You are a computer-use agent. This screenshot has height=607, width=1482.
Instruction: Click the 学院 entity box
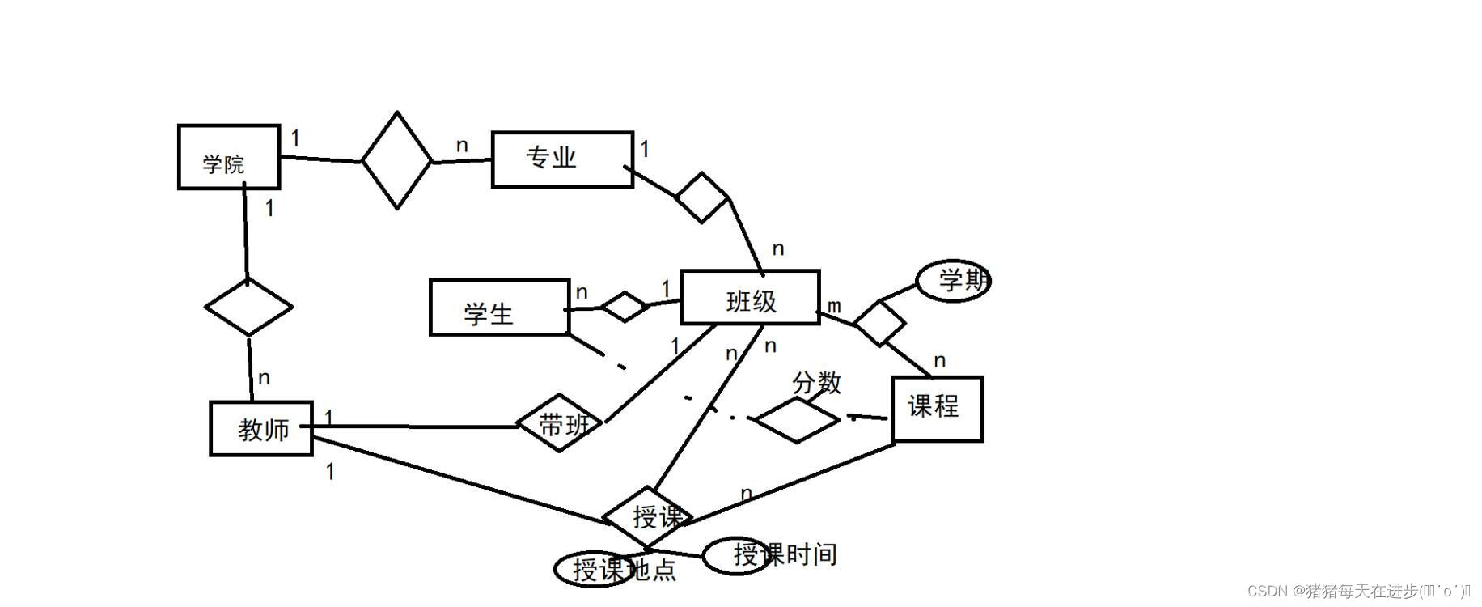(x=229, y=157)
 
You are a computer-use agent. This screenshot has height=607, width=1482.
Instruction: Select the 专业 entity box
(x=562, y=159)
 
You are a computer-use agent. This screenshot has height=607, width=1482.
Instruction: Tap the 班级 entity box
(x=750, y=297)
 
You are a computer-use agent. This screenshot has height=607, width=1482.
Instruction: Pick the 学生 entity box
(x=499, y=308)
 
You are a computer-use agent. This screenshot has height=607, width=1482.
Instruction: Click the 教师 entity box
(x=261, y=428)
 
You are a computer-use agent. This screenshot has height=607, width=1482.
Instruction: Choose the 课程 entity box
(x=937, y=409)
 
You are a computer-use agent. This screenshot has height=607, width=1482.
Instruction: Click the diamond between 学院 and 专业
(x=396, y=160)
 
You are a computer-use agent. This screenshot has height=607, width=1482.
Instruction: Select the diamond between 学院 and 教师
(x=248, y=307)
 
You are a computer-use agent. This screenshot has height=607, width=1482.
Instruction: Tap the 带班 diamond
(x=560, y=422)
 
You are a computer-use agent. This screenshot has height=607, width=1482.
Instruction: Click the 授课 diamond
(x=648, y=516)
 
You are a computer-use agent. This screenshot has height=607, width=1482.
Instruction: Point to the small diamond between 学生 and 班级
(x=625, y=306)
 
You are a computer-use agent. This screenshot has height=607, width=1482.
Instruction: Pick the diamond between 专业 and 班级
(x=702, y=197)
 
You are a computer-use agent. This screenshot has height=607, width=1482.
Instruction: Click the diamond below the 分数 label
(x=797, y=419)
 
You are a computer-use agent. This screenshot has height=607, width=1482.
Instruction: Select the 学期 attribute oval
(x=954, y=281)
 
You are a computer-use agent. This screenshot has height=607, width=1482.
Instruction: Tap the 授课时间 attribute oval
(x=736, y=555)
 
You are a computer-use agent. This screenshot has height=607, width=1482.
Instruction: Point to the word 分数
(x=816, y=382)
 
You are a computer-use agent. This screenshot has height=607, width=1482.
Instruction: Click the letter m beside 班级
(x=834, y=306)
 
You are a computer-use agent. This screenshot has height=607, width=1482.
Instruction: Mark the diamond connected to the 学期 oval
(x=880, y=323)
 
